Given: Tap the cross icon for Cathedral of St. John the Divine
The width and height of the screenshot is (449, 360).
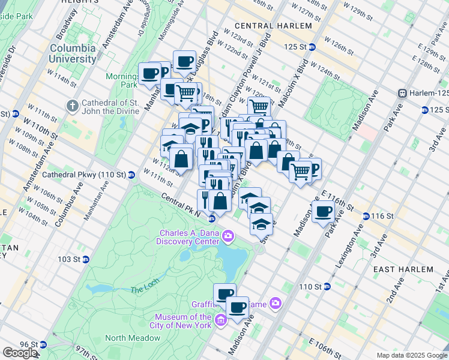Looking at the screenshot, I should click(x=72, y=106).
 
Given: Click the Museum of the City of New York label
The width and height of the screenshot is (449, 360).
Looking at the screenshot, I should click(x=183, y=321).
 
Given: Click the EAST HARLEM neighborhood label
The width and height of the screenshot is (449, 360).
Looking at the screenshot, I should click(x=400, y=270).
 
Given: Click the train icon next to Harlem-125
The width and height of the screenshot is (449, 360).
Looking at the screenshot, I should click(x=403, y=93).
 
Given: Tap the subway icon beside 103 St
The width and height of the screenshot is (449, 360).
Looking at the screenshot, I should click(x=86, y=259).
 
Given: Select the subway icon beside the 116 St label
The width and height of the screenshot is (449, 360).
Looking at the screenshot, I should click(x=366, y=216).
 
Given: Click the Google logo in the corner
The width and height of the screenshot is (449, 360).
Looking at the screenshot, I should click(x=20, y=353).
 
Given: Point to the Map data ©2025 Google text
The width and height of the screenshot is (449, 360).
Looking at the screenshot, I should click(x=411, y=355).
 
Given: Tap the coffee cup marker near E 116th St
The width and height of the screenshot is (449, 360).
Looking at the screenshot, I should click(x=324, y=212).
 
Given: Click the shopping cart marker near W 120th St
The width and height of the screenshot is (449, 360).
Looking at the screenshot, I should click(x=259, y=107).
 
